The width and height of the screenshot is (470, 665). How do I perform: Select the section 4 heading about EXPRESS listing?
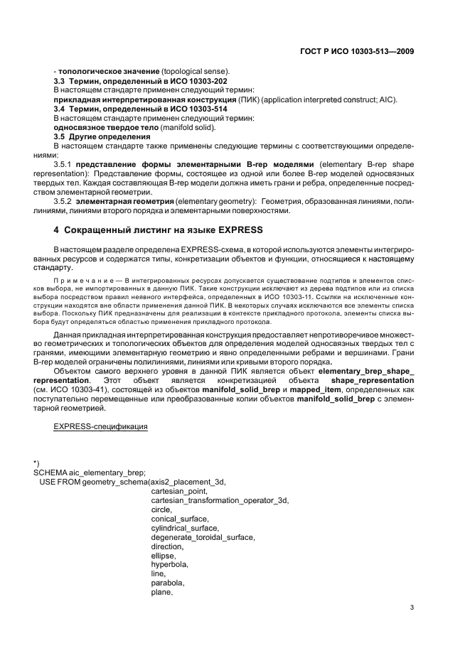click(159, 230)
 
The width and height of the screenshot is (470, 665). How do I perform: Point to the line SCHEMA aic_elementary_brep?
click(90, 472)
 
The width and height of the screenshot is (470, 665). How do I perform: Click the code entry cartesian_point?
click(179, 491)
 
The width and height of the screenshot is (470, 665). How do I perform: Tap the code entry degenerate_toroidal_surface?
click(202, 537)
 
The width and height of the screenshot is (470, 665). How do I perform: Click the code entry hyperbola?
click(169, 564)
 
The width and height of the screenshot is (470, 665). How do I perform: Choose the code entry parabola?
click(167, 583)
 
